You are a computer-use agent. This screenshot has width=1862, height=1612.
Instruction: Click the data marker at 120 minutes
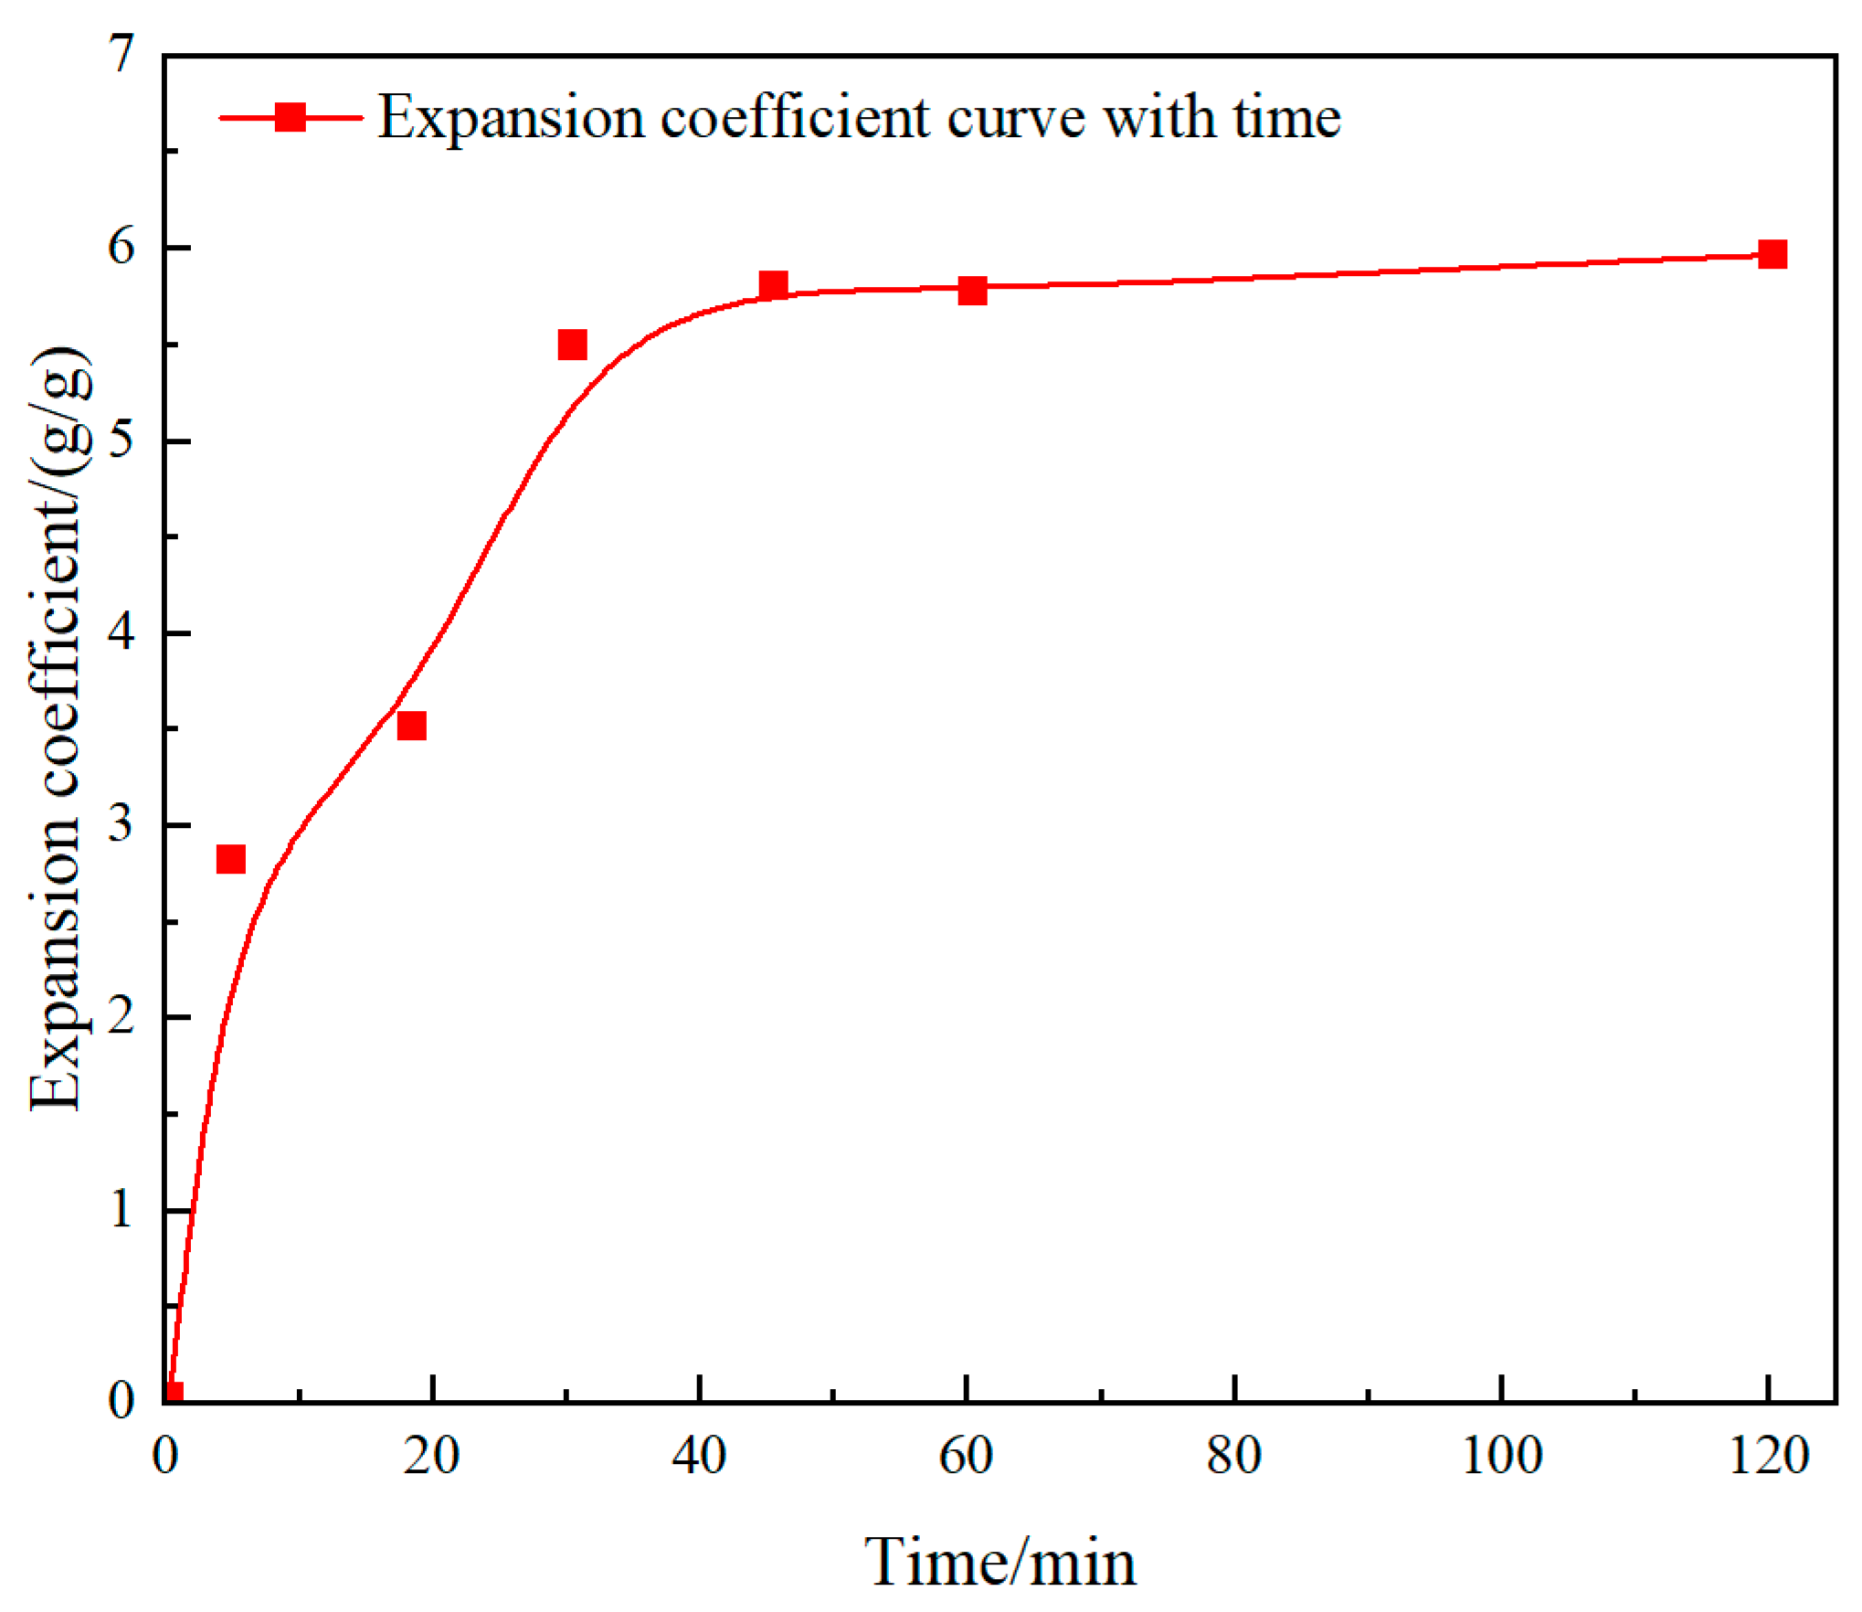[1772, 254]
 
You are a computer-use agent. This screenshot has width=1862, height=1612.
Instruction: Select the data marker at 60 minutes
[972, 291]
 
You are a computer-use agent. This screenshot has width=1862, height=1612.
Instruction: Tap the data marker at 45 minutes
[773, 285]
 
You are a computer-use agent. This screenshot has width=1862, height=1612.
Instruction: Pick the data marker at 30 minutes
[572, 345]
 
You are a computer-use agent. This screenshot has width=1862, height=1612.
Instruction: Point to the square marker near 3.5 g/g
[412, 726]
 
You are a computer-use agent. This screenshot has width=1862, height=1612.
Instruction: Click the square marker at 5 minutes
[231, 859]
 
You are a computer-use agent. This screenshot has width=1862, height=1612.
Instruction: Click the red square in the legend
[291, 117]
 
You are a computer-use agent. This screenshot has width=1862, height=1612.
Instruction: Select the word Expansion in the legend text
[512, 119]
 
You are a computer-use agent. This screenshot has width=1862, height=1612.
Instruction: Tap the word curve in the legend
[1016, 119]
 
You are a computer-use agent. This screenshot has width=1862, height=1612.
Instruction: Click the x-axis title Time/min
[1000, 1562]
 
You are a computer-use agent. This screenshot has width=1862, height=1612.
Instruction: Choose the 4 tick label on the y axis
[121, 631]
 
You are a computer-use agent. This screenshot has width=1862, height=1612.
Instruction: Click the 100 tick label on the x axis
[1501, 1456]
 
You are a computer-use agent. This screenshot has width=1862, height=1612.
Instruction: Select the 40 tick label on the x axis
[699, 1456]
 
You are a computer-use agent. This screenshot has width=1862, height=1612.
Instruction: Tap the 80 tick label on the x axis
[1233, 1456]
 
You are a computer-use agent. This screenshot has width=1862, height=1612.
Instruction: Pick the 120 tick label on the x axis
[1769, 1456]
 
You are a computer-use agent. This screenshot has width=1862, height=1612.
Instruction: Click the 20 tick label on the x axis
[431, 1456]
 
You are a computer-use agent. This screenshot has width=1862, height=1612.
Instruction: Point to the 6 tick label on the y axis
[121, 246]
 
